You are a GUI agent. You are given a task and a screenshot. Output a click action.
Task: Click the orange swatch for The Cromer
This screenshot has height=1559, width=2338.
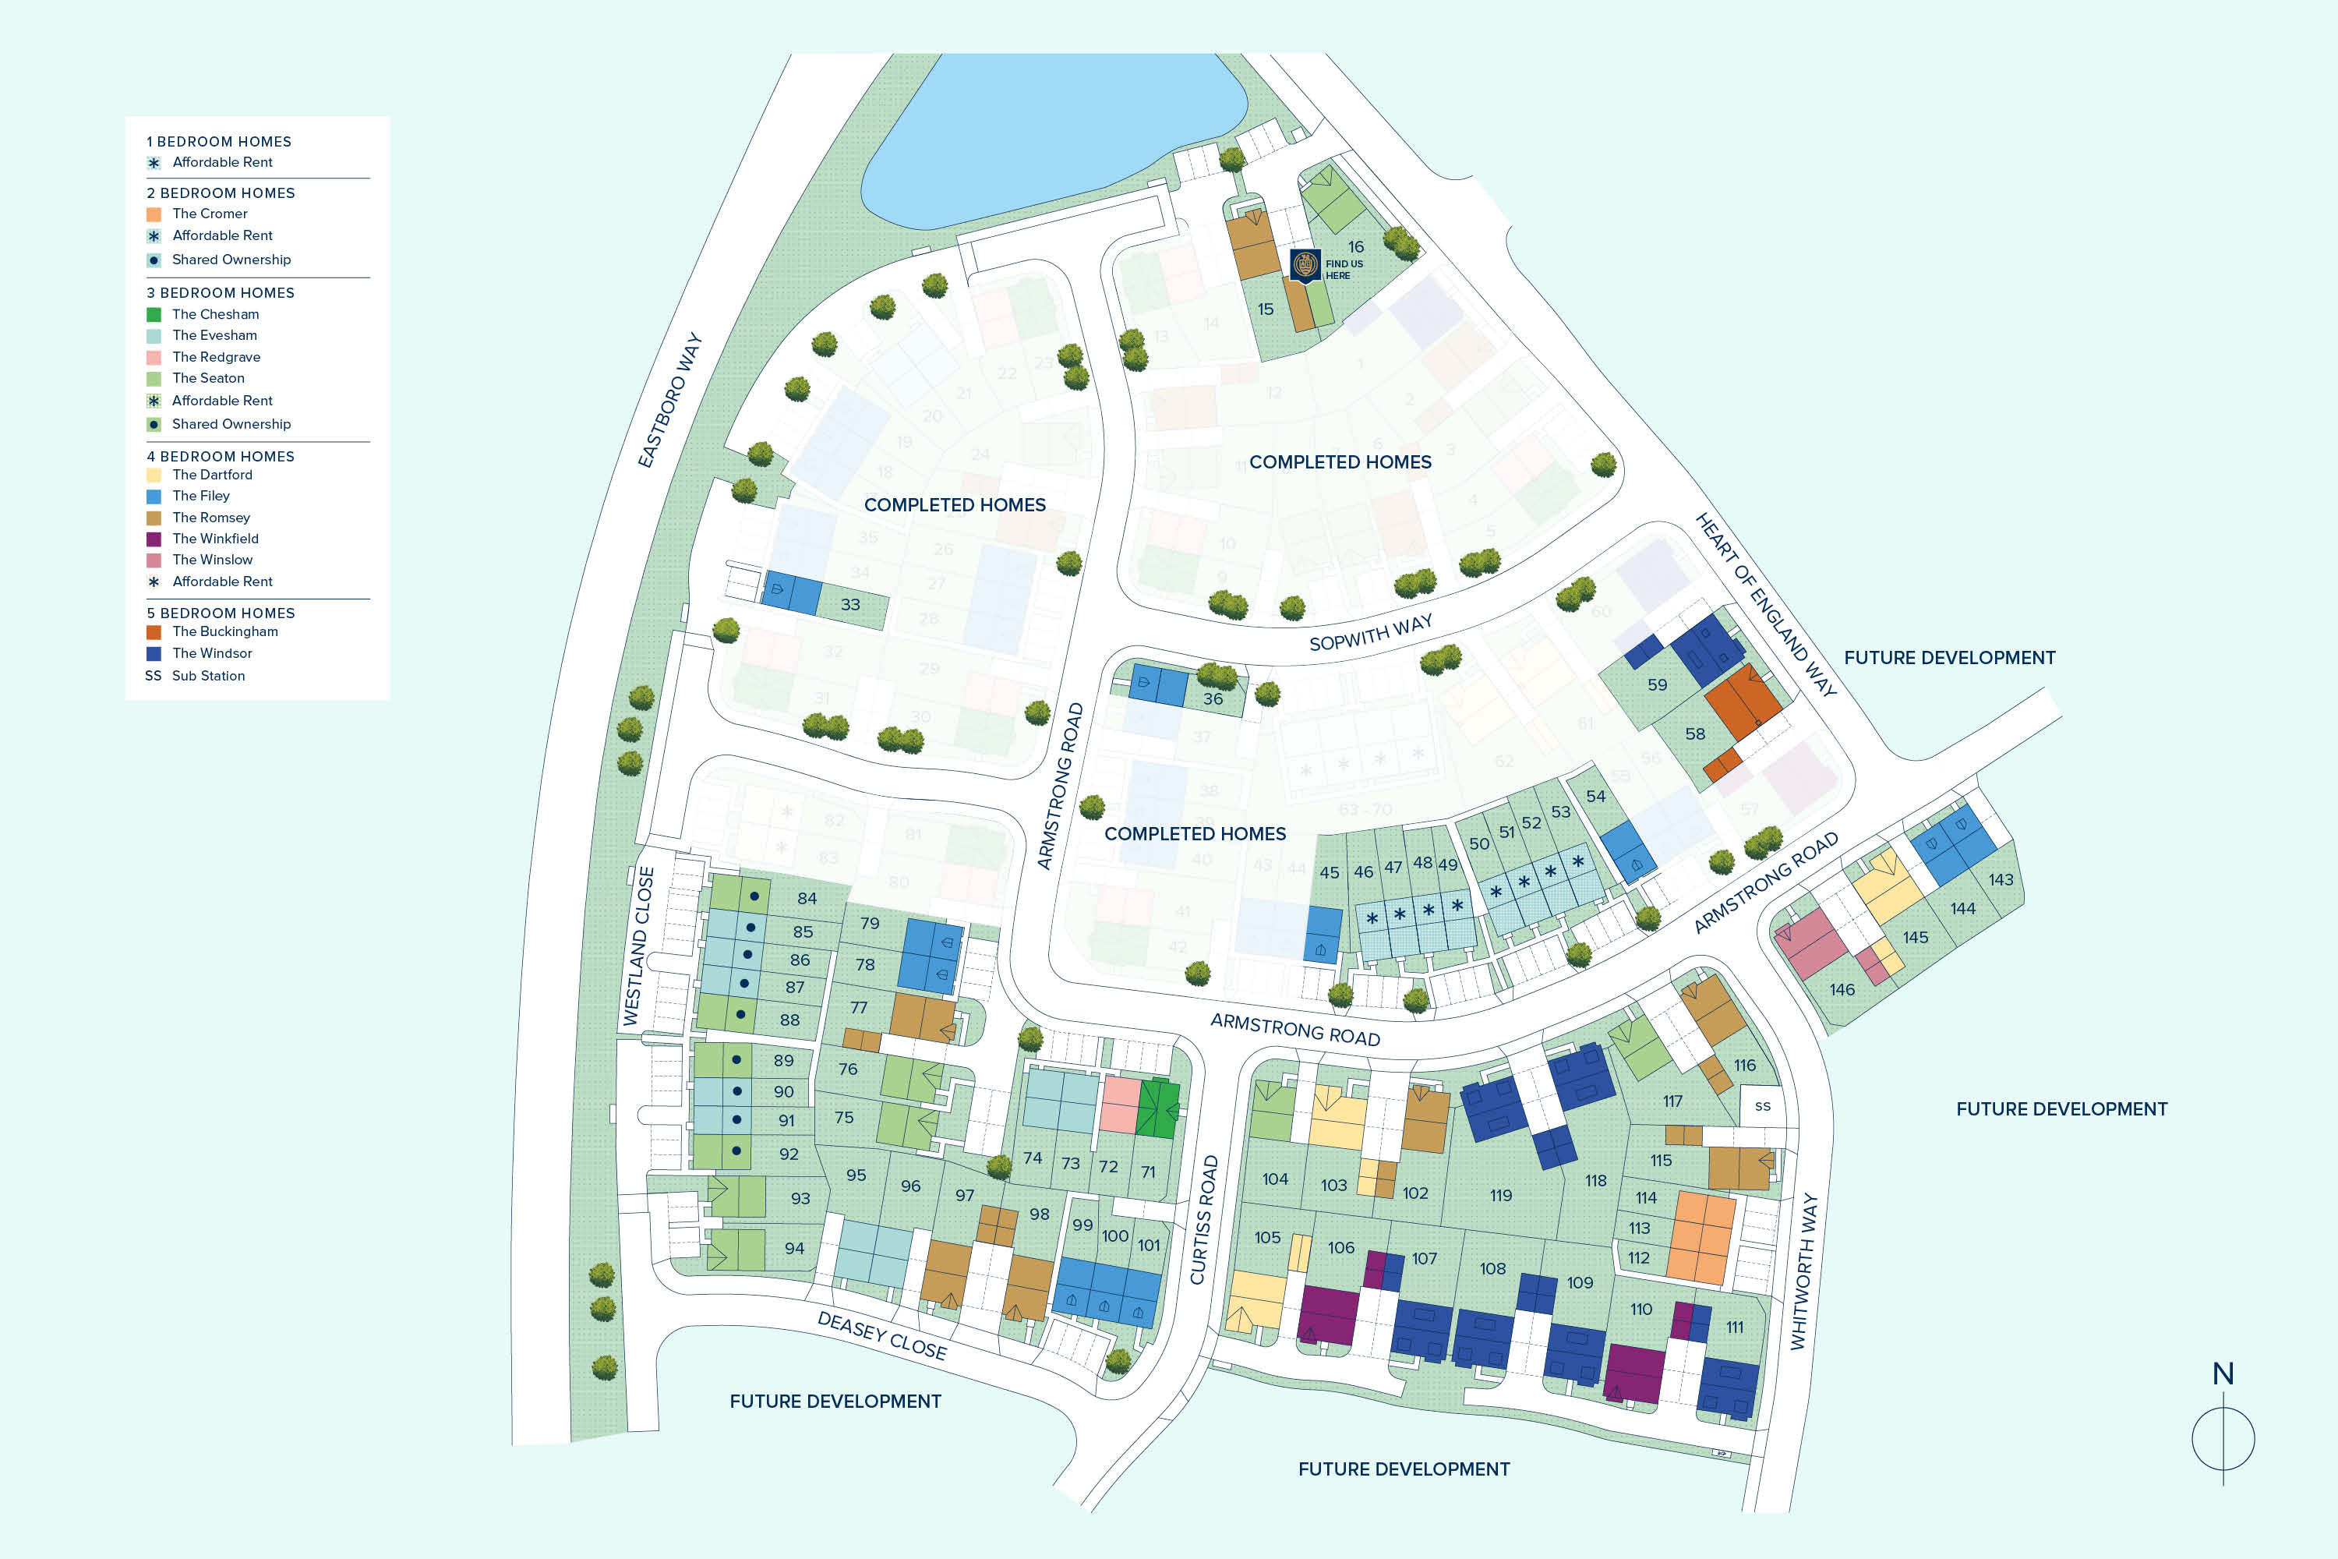153,214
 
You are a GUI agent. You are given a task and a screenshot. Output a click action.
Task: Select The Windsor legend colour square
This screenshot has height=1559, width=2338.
153,653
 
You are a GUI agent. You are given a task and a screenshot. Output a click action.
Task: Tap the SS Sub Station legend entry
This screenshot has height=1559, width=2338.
195,676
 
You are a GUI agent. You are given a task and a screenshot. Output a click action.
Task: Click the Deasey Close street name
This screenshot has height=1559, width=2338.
881,1335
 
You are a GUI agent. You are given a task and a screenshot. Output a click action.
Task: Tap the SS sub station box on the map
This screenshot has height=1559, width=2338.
1762,1105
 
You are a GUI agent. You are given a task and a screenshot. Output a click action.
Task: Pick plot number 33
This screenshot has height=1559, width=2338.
850,605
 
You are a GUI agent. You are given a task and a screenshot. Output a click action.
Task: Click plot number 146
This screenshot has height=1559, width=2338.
1842,989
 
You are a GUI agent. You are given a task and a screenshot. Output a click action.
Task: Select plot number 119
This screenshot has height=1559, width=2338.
1500,1195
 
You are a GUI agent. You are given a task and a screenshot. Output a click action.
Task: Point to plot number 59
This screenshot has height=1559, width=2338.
1657,685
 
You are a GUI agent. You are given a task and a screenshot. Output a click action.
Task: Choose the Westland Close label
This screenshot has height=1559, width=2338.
639,946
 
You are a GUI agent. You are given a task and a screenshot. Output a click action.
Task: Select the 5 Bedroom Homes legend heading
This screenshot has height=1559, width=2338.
221,613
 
